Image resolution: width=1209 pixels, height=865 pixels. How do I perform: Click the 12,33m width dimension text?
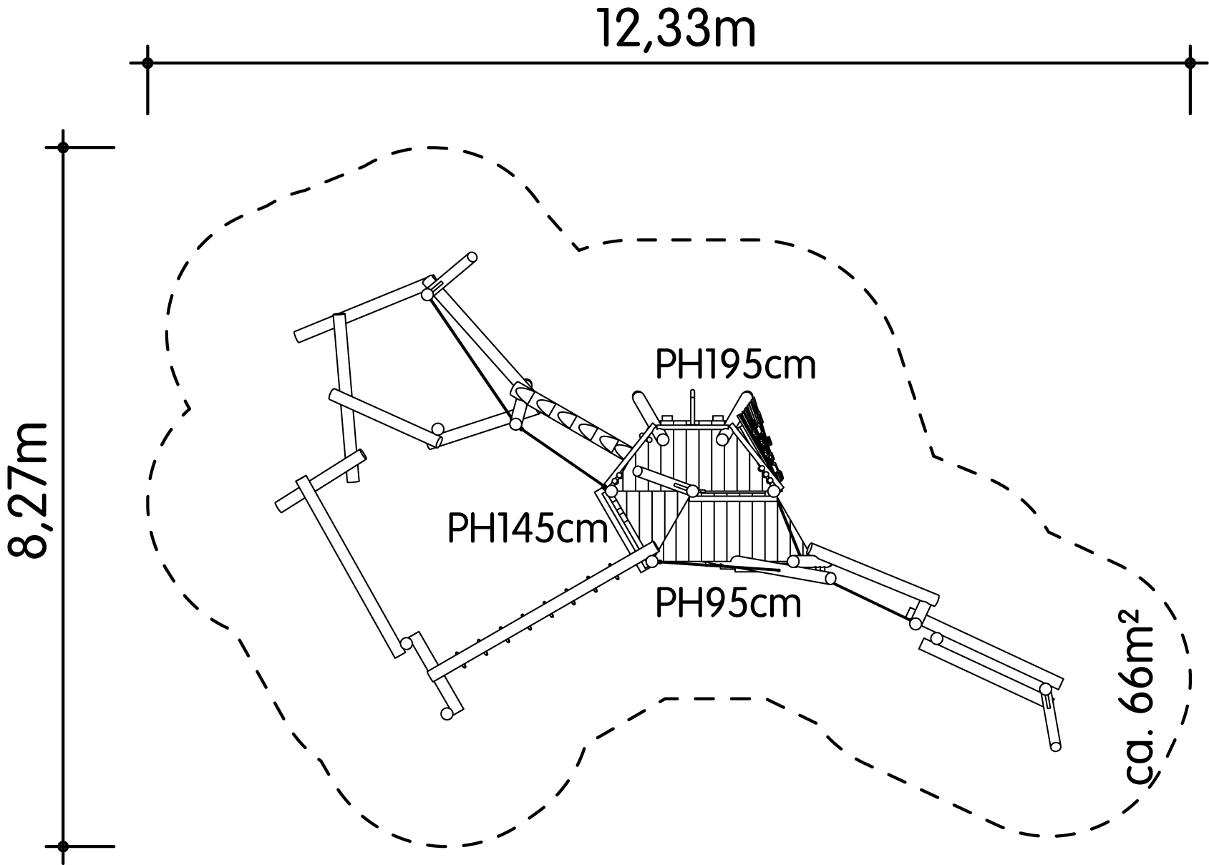[x=676, y=28]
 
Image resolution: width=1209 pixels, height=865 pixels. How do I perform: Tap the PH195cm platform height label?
[x=735, y=366]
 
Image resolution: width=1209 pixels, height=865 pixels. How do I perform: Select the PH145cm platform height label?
[x=528, y=528]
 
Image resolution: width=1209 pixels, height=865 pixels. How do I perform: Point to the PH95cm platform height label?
[x=728, y=604]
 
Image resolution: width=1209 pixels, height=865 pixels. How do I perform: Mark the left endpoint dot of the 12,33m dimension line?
[x=147, y=63]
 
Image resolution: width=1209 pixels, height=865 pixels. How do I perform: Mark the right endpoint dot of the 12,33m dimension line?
[x=1190, y=63]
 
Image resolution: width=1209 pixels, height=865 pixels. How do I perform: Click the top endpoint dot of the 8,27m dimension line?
[x=63, y=147]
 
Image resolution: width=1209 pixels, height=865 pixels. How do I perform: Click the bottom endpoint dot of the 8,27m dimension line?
[x=63, y=846]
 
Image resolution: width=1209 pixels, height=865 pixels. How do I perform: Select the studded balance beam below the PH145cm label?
[x=543, y=611]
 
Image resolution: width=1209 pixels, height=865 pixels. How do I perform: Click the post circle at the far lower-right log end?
[x=1056, y=747]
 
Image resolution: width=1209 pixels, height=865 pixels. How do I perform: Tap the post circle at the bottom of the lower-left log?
[x=447, y=713]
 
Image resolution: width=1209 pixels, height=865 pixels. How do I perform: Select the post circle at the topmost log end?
[x=472, y=257]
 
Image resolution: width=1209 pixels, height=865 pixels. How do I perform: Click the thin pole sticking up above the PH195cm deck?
[x=692, y=405]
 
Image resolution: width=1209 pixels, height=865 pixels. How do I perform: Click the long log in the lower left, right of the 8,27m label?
[x=350, y=567]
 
